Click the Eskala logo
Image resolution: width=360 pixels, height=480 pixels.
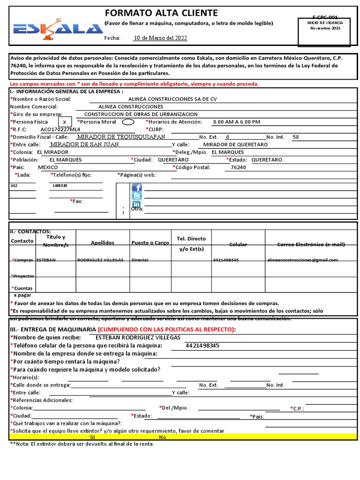[52, 29]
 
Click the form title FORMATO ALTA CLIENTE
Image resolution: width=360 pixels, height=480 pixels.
[161, 13]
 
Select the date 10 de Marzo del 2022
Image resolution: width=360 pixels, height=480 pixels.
[160, 38]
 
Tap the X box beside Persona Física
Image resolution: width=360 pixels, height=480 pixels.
[64, 122]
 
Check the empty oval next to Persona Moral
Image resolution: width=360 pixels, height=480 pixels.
[127, 122]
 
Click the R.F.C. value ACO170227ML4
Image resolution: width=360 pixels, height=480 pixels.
[60, 129]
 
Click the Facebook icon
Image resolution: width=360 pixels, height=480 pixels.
[136, 187]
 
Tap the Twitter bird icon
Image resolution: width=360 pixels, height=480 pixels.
[136, 196]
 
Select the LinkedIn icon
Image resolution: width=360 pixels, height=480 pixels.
[136, 204]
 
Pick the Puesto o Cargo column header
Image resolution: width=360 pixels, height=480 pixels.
[150, 243]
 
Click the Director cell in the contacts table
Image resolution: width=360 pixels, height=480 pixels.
[140, 260]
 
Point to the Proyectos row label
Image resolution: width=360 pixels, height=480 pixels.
[23, 276]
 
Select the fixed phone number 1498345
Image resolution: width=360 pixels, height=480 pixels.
[59, 186]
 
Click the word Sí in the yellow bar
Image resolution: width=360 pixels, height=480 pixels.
[92, 437]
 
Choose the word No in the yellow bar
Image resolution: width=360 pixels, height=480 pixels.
[162, 437]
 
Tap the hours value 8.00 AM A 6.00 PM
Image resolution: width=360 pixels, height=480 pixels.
[236, 122]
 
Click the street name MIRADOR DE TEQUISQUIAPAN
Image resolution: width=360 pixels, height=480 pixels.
[121, 137]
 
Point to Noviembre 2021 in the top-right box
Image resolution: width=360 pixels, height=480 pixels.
[325, 28]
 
